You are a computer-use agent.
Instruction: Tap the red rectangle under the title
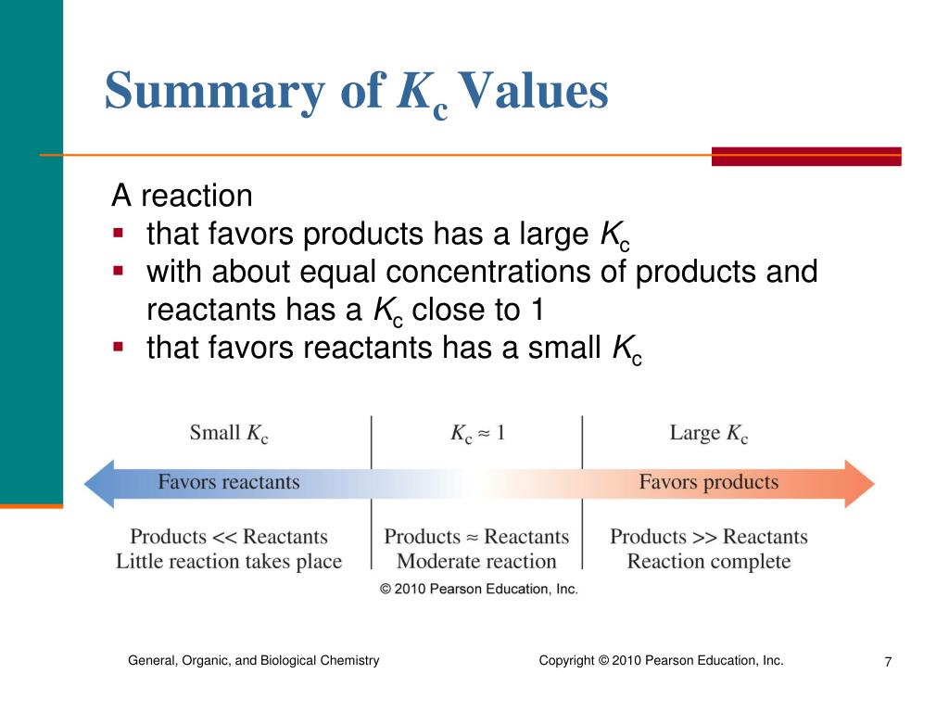(x=805, y=156)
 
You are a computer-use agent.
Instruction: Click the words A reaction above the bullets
(x=182, y=196)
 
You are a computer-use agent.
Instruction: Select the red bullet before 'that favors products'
(x=118, y=233)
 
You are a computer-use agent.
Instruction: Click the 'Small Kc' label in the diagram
(x=228, y=433)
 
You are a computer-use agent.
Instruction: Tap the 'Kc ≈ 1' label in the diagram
(x=476, y=433)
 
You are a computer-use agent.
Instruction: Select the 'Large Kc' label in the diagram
(x=708, y=433)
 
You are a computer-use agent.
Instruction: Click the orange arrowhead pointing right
(x=859, y=483)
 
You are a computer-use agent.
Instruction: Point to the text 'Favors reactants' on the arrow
(x=228, y=482)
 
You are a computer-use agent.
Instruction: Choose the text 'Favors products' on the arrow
(x=708, y=482)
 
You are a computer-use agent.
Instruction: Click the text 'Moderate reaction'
(x=476, y=561)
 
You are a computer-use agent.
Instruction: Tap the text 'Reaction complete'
(x=708, y=561)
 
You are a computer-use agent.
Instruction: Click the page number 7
(x=888, y=662)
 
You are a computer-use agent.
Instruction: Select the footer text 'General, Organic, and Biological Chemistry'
(x=253, y=660)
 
